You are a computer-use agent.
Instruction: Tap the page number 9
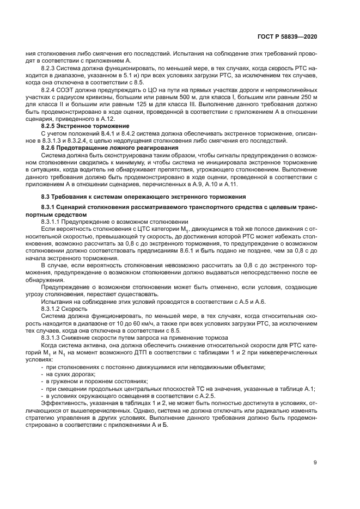[315, 464]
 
